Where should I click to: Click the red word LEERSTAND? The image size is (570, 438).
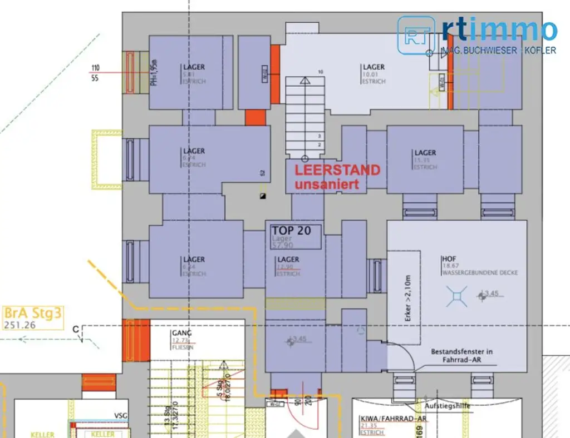tap(337, 170)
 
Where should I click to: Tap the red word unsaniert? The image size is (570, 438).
tap(327, 185)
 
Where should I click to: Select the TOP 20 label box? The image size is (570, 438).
tap(296, 236)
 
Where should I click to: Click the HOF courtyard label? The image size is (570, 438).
tap(449, 259)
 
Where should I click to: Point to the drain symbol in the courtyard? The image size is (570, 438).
tap(456, 296)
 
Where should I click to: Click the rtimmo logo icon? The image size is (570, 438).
tap(416, 34)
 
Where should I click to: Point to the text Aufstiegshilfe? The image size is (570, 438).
tap(448, 406)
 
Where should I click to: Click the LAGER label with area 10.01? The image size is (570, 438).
tap(374, 67)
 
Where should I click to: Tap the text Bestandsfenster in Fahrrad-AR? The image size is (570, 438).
tap(461, 356)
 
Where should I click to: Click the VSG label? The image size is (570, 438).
tap(120, 415)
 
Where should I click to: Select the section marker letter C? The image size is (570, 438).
tap(75, 329)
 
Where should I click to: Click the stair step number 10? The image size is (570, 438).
tap(321, 72)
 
